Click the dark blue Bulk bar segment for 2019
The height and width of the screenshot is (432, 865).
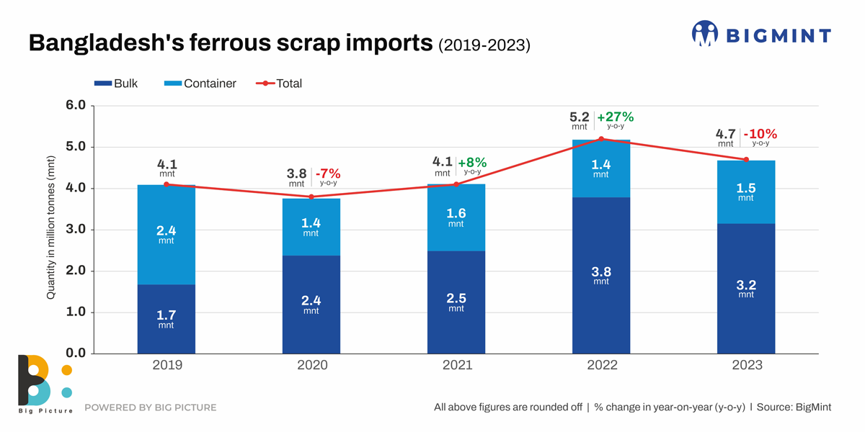point(167,319)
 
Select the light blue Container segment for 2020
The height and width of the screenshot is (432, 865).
point(311,228)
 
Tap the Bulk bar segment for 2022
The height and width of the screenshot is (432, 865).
point(601,276)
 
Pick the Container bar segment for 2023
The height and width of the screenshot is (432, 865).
point(746,192)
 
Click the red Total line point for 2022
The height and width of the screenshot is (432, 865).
point(601,139)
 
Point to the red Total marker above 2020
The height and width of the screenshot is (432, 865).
point(311,197)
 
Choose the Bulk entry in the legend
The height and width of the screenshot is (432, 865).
point(116,84)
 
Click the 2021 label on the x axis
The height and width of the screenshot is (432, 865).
point(457,365)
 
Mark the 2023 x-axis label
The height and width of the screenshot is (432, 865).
point(747,365)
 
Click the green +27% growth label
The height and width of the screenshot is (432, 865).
point(615,117)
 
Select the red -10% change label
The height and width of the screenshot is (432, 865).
point(760,135)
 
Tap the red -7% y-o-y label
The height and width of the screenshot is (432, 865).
point(328,174)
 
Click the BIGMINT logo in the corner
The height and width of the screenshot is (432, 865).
point(761,34)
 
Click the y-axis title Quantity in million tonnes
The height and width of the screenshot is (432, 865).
point(50,227)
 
